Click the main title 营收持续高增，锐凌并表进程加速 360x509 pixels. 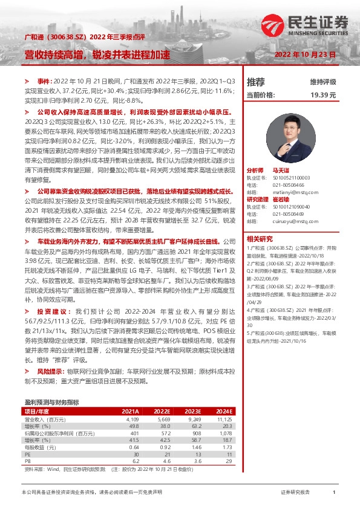point(97,54)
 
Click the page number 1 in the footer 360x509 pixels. point(334,493)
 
